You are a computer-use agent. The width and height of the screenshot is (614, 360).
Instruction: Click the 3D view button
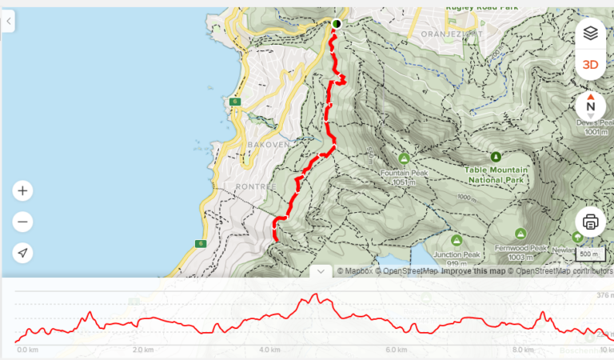(x=590, y=65)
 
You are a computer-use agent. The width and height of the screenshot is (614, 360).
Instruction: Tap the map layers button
(x=590, y=34)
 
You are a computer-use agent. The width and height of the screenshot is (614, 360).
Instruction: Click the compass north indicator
(x=590, y=106)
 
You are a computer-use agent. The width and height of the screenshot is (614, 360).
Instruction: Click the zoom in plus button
(x=22, y=191)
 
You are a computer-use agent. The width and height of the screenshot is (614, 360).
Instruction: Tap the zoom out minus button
(x=22, y=222)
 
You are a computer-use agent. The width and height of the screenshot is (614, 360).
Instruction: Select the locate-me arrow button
(x=22, y=253)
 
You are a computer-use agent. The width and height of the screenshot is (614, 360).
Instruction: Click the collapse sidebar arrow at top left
(x=9, y=22)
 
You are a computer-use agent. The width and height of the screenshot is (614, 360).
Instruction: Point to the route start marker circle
(x=337, y=24)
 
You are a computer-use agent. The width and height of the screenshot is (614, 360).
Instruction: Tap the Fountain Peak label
(x=404, y=173)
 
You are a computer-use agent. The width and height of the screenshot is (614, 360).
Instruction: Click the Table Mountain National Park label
(x=496, y=174)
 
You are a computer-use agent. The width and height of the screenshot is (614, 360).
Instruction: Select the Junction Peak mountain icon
(x=457, y=240)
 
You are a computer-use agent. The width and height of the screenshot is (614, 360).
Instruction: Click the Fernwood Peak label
(x=520, y=248)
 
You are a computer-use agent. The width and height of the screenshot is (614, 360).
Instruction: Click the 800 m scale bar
(x=590, y=255)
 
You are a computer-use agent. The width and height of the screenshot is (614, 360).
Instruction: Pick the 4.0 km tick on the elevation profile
(x=269, y=350)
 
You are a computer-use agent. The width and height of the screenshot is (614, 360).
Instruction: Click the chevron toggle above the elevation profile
(x=321, y=271)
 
